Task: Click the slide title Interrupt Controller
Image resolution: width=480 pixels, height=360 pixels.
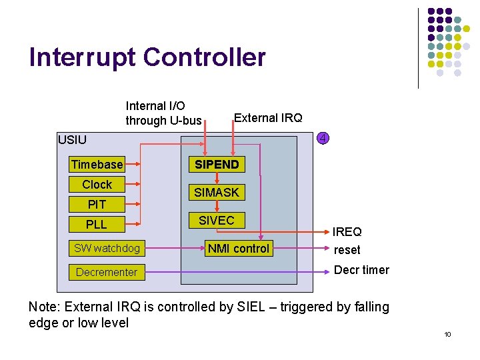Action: [147, 57]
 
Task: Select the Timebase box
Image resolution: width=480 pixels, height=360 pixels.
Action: [97, 164]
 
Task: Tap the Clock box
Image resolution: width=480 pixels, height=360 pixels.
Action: [97, 184]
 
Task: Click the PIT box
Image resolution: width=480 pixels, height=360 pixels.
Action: [97, 204]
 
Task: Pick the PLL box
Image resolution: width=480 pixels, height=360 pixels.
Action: [97, 224]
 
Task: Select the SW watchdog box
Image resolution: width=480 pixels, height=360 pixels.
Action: [107, 248]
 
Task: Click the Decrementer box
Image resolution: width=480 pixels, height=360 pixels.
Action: [107, 272]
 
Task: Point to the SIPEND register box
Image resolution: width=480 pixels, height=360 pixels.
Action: [217, 164]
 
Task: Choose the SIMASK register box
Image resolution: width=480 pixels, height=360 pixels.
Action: [217, 193]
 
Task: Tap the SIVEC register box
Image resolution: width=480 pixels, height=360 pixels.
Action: [217, 220]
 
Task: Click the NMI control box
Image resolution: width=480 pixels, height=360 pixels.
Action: [239, 249]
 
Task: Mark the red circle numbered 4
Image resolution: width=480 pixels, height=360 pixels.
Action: [322, 139]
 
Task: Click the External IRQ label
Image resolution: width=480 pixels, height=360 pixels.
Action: [267, 118]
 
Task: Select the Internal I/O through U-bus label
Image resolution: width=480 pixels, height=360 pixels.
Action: [163, 113]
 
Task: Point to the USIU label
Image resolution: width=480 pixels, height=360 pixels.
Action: [72, 140]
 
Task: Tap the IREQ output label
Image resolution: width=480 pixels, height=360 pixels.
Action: [347, 232]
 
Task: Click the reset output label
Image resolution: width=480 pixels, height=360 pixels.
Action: [347, 250]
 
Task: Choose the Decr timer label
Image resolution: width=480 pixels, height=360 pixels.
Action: [361, 270]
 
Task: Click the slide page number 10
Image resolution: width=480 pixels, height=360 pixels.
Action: [447, 334]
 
